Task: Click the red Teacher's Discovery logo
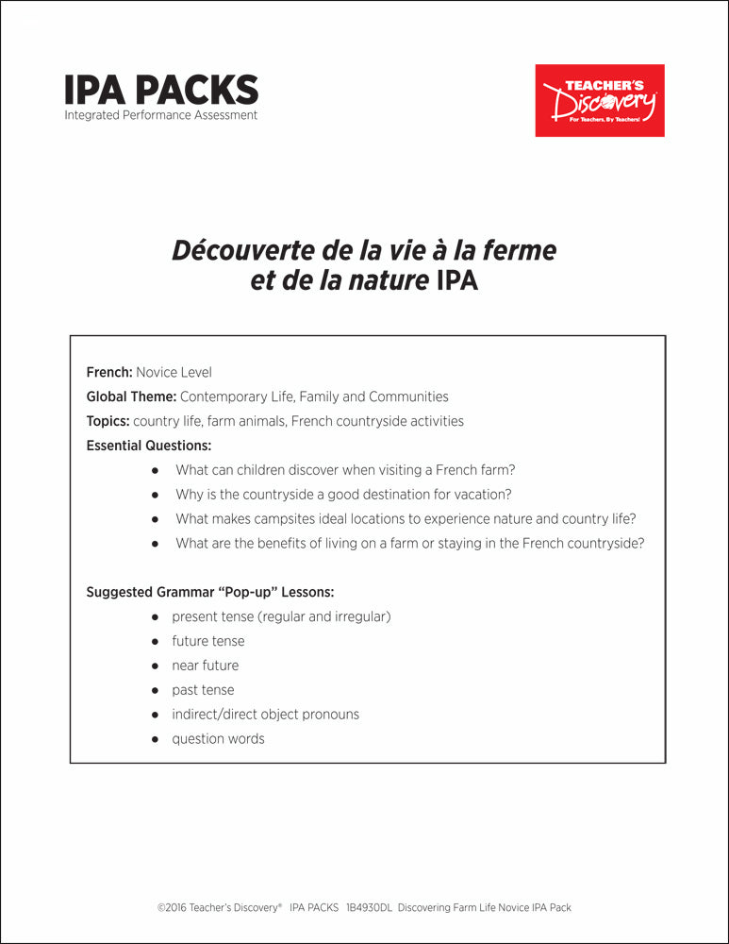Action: [600, 100]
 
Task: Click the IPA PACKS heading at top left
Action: [161, 90]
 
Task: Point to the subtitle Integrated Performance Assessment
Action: [161, 115]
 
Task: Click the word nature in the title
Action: [384, 281]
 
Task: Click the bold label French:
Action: [109, 372]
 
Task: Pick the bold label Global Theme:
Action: [131, 396]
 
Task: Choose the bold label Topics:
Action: [108, 421]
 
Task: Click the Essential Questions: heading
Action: [149, 446]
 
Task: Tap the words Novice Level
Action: [174, 372]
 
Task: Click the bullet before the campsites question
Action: [156, 519]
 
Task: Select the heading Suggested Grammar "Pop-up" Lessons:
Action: [210, 592]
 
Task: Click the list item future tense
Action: [207, 641]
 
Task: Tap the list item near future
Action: [205, 666]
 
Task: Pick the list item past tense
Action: [203, 690]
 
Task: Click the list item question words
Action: [218, 739]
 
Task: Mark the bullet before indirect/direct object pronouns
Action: [156, 715]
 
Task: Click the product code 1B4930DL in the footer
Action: [369, 907]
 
